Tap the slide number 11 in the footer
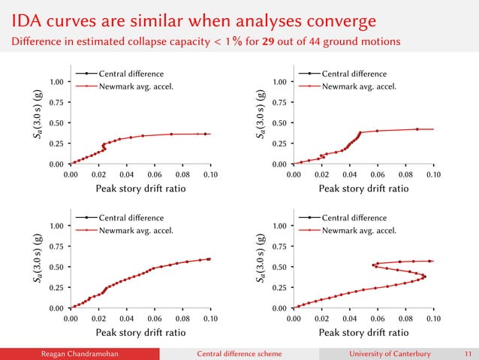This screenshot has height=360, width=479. [x=468, y=352]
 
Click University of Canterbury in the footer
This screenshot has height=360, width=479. [x=393, y=352]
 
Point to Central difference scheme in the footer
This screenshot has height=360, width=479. [x=239, y=352]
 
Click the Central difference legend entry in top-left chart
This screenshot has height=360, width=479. [x=130, y=74]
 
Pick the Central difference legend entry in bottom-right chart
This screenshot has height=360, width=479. [x=354, y=218]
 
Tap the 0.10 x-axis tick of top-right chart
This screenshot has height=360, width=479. [x=433, y=175]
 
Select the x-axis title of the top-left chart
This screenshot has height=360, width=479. [x=140, y=189]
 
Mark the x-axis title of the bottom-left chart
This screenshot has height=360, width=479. [x=140, y=333]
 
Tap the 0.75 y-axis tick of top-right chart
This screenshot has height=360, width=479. [x=281, y=101]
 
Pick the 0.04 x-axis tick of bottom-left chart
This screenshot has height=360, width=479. [x=126, y=319]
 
